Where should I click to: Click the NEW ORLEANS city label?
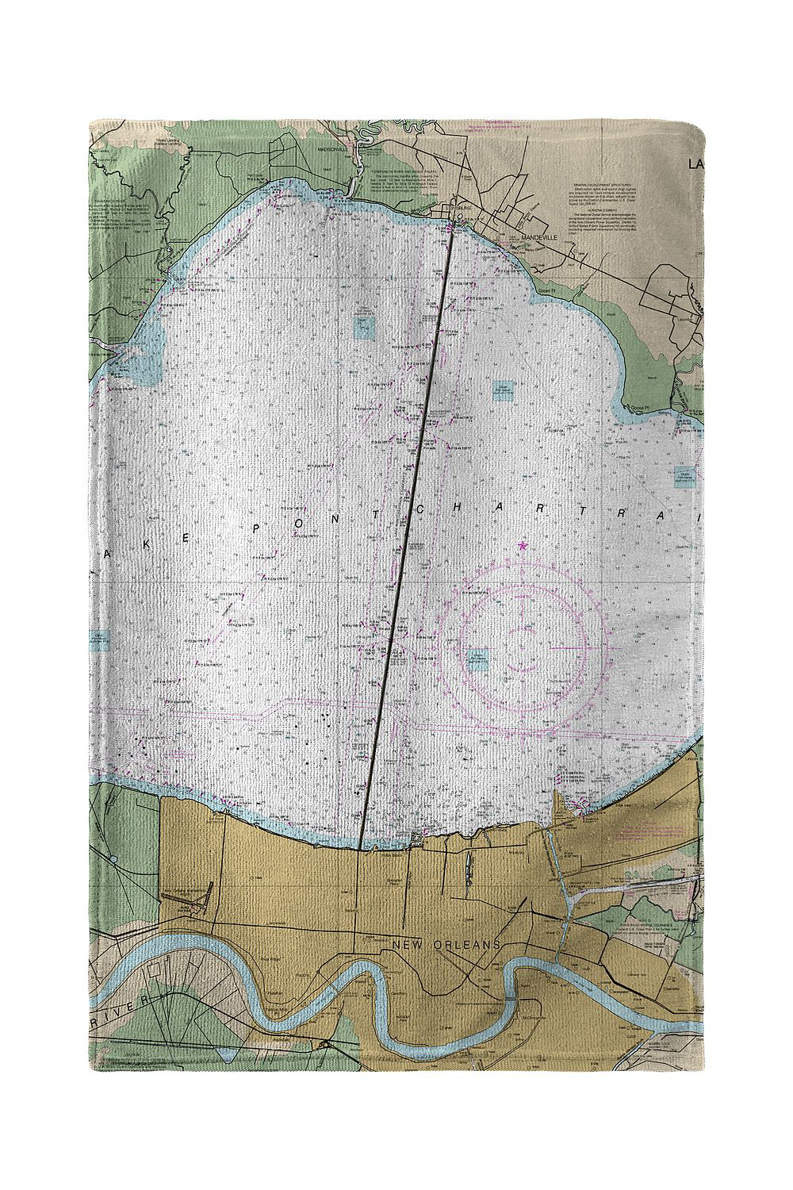[x=447, y=945]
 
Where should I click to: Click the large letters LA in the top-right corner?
[x=695, y=164]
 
